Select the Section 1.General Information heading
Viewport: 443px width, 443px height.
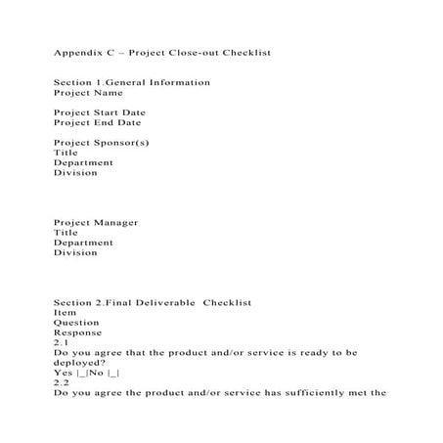click(132, 82)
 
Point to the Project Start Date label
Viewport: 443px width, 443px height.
click(99, 113)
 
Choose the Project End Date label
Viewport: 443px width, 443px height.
click(97, 123)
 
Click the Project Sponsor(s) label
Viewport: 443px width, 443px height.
click(102, 143)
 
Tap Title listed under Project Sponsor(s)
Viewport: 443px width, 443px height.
click(66, 153)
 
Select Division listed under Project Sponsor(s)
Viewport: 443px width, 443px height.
click(75, 173)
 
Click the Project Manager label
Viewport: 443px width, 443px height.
click(96, 223)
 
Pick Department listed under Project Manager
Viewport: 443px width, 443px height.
click(83, 243)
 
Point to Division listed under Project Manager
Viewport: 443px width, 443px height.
click(75, 253)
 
